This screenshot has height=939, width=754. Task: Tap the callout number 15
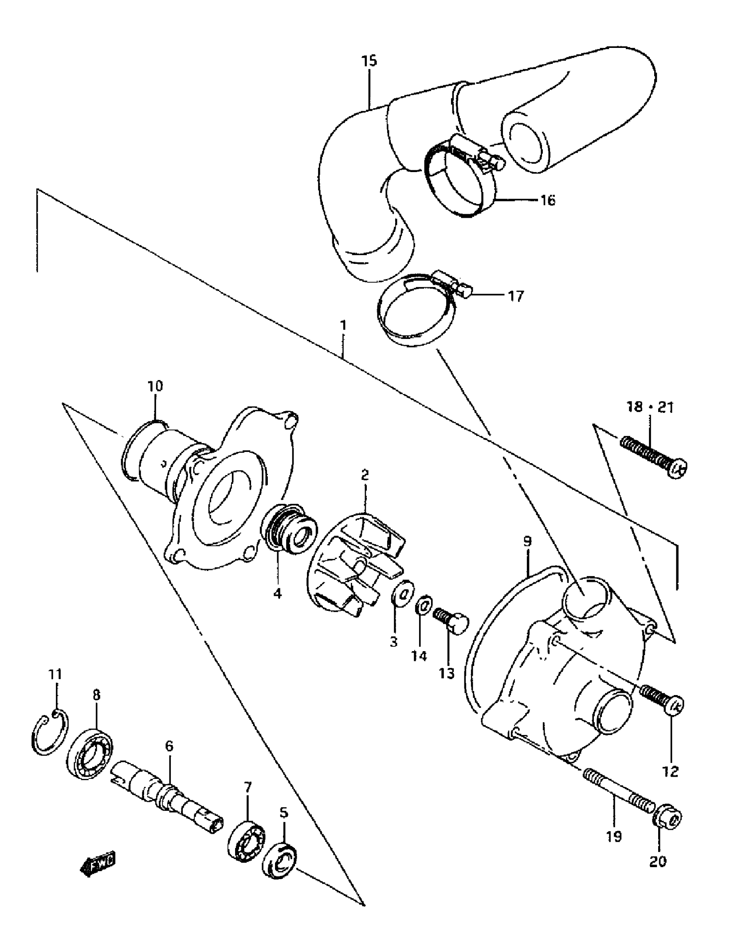point(369,61)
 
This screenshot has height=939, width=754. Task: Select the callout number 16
point(548,200)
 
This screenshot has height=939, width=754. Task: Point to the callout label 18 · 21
point(650,407)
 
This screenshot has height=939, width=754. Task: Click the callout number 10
point(155,386)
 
